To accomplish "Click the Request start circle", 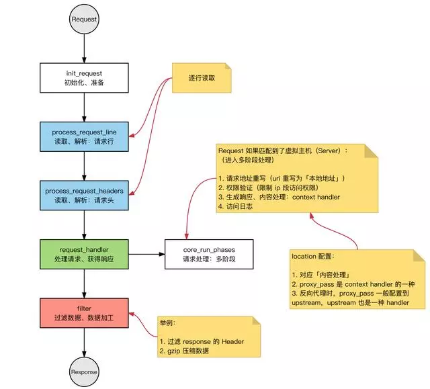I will pyautogui.click(x=84, y=19).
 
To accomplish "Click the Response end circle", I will pyautogui.click(x=84, y=372).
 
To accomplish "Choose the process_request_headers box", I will pyautogui.click(x=84, y=196).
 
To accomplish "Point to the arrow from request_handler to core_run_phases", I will pyautogui.click(x=146, y=255).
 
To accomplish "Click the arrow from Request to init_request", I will pyautogui.click(x=84, y=47).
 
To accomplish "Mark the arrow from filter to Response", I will pyautogui.click(x=84, y=344).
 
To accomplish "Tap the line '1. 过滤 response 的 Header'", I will pyautogui.click(x=202, y=342).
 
